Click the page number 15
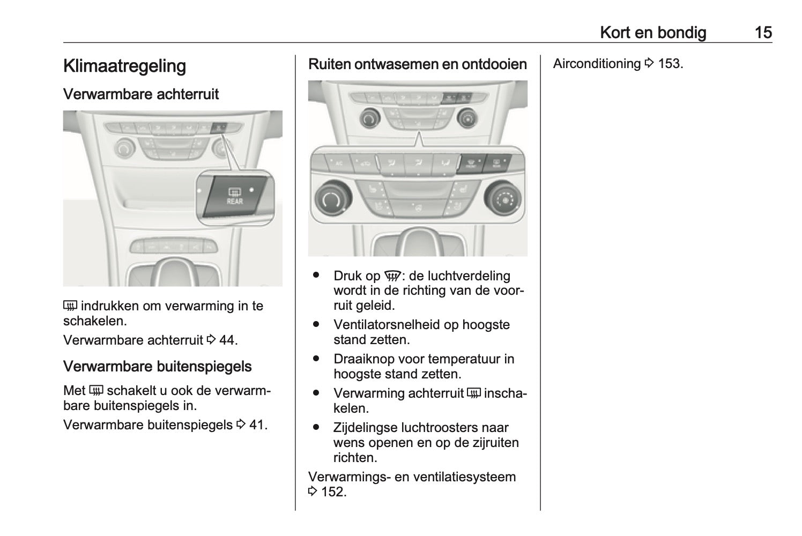click(763, 33)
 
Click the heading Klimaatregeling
click(124, 66)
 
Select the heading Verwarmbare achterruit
click(141, 94)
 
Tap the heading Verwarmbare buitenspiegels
click(157, 367)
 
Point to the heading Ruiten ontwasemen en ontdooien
click(418, 64)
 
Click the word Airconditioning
click(597, 64)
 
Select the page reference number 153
click(670, 64)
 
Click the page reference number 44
click(228, 340)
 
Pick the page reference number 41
click(258, 425)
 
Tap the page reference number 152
click(333, 492)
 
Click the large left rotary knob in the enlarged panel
click(331, 199)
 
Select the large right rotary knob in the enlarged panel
click(502, 199)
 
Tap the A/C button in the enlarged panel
click(338, 163)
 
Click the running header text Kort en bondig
click(652, 33)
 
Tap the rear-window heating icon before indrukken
click(70, 307)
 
